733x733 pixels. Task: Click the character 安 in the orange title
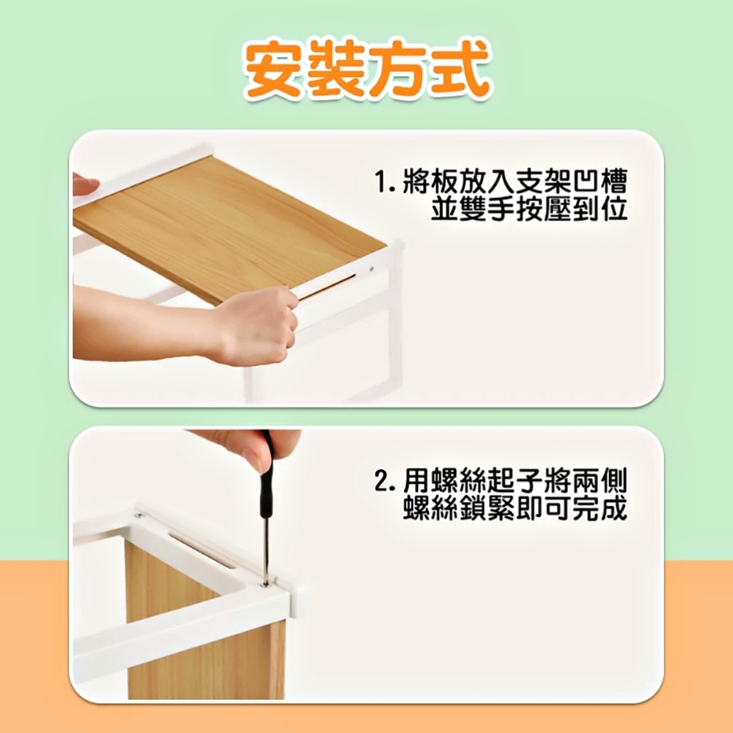[274, 70]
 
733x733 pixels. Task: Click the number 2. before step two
[386, 481]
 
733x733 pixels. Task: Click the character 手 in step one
[500, 209]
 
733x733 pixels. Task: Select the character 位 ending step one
[614, 209]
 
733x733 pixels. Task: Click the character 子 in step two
[528, 481]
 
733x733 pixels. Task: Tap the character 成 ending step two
[614, 508]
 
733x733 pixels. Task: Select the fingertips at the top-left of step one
[84, 184]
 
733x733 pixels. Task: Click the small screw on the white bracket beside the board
[371, 269]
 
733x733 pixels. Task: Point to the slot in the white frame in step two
[201, 550]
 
